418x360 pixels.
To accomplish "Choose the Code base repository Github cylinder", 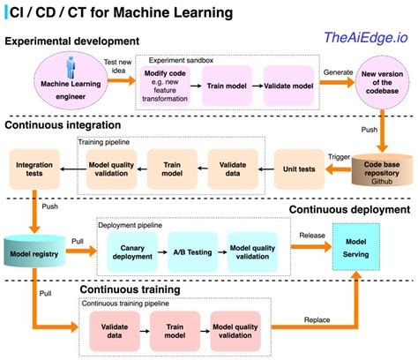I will point(381,169).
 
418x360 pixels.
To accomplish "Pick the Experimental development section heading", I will point(74,41).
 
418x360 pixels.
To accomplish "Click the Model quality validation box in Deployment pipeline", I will point(252,251).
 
